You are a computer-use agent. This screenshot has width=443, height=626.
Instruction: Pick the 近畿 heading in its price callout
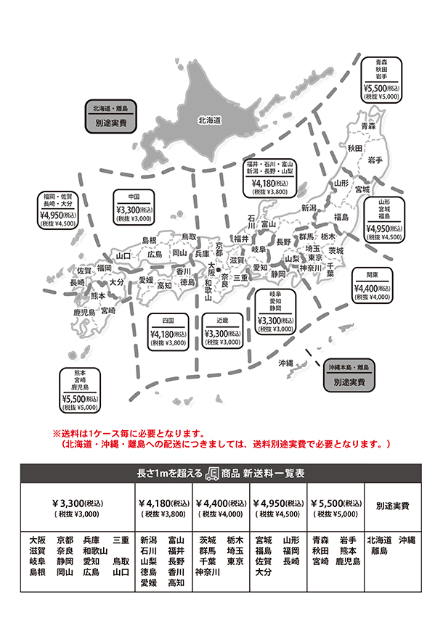click(x=221, y=319)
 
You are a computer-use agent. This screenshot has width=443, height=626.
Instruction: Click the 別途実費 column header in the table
click(x=392, y=507)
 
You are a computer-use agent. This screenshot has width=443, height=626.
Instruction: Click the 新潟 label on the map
click(x=309, y=208)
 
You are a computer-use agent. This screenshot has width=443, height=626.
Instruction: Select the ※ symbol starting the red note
click(x=56, y=432)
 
